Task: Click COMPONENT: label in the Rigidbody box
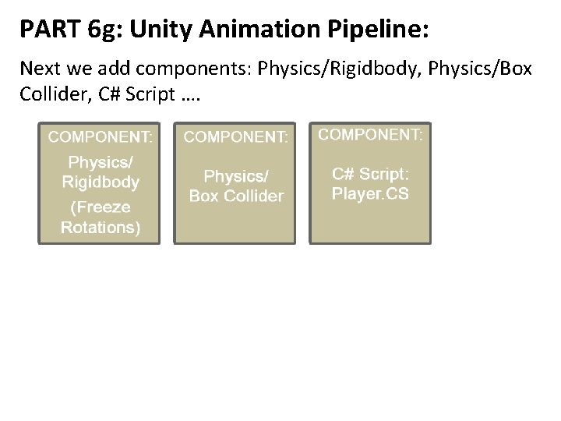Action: pos(101,137)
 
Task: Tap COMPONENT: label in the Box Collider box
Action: pos(235,137)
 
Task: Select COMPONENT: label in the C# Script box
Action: pos(371,134)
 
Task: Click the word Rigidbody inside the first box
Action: pos(101,182)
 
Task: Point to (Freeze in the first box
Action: pos(101,208)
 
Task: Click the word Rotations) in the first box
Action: pos(101,227)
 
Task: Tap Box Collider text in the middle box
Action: pos(236,196)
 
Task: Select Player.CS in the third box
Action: pos(369,193)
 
